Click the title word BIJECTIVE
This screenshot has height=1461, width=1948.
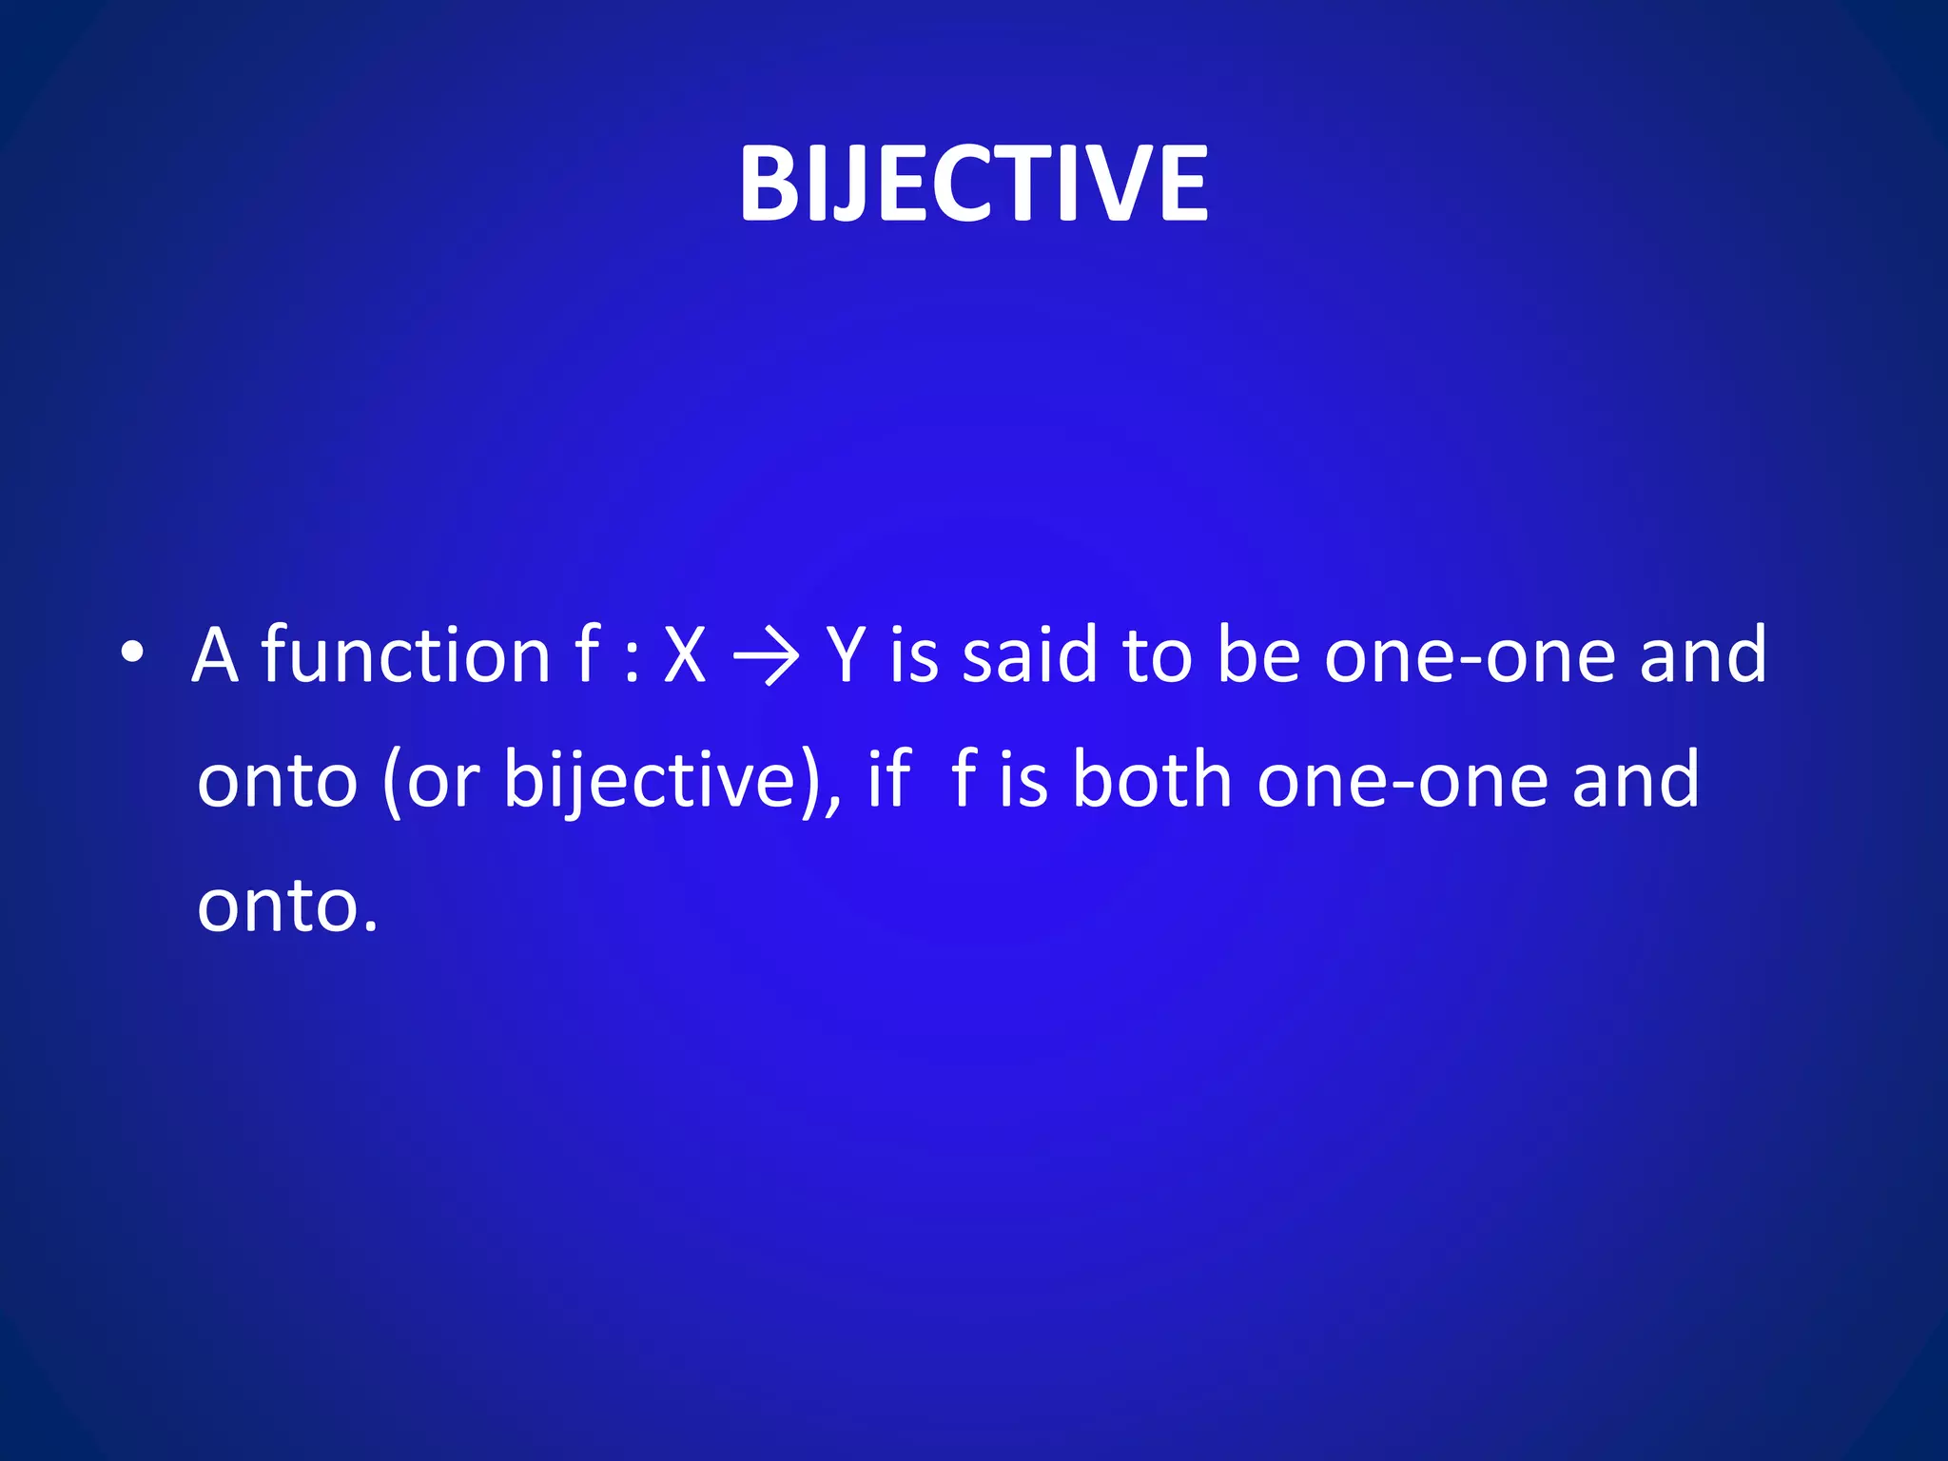coord(973,184)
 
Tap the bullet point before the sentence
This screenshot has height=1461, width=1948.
coord(132,653)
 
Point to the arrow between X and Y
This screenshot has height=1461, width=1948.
coord(767,656)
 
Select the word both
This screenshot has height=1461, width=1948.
coord(1152,779)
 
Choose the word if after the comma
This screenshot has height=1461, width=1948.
coord(888,779)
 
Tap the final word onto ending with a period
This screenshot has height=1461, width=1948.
coord(286,905)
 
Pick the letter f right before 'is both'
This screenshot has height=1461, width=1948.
coord(963,779)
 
